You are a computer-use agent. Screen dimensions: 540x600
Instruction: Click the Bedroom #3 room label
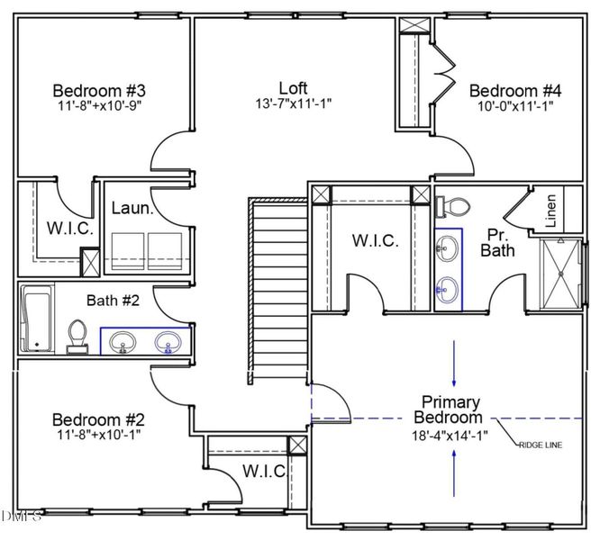pyautogui.click(x=99, y=90)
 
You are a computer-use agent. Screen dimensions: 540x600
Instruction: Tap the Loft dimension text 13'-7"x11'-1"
pyautogui.click(x=293, y=104)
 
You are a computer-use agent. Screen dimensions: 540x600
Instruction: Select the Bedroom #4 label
pyautogui.click(x=515, y=90)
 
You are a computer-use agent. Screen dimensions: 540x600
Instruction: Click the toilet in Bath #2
pyautogui.click(x=77, y=336)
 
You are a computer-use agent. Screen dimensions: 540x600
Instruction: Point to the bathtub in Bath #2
pyautogui.click(x=37, y=319)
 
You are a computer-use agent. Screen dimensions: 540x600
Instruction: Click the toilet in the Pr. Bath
pyautogui.click(x=451, y=206)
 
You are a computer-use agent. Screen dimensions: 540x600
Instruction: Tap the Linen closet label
pyautogui.click(x=550, y=211)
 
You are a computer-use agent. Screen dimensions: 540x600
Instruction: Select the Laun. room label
pyautogui.click(x=130, y=208)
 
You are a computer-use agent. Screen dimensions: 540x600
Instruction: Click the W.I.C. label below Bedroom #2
pyautogui.click(x=264, y=471)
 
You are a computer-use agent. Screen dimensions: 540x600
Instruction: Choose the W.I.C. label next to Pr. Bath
pyautogui.click(x=376, y=240)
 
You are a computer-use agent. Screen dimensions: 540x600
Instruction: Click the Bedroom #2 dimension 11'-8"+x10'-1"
pyautogui.click(x=99, y=436)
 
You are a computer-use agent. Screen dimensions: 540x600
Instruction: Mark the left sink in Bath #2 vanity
pyautogui.click(x=123, y=342)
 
